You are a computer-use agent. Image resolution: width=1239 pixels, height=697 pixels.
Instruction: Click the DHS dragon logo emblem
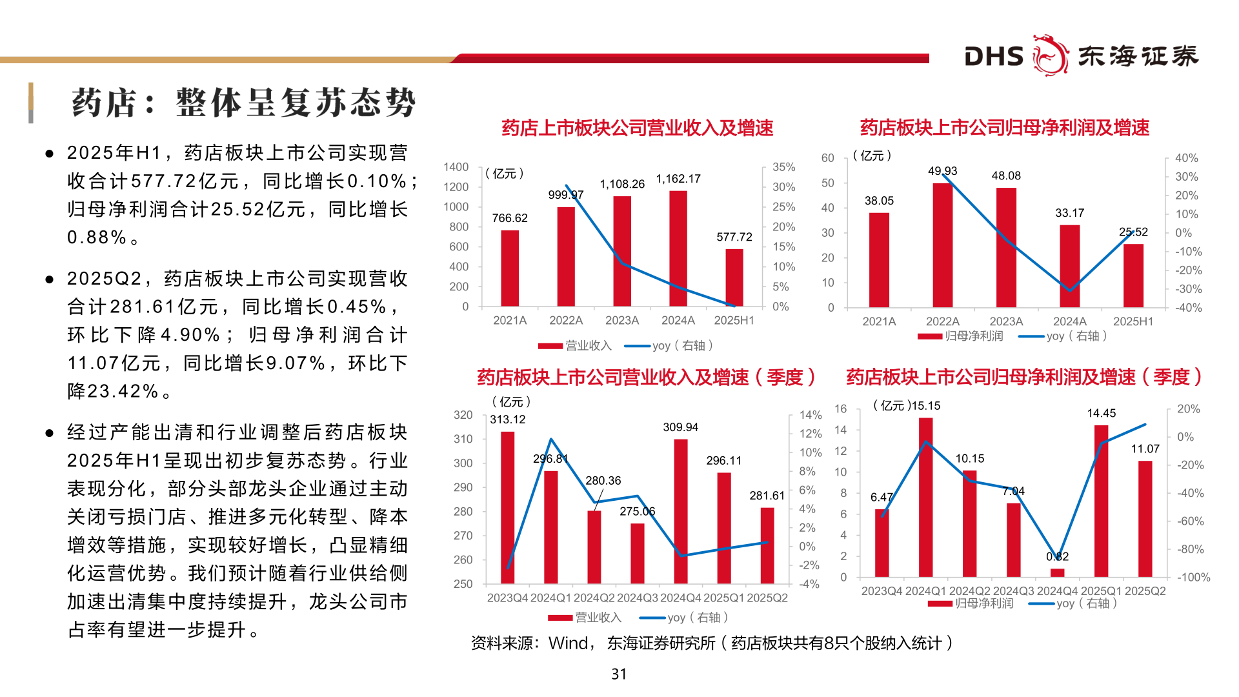tap(1050, 56)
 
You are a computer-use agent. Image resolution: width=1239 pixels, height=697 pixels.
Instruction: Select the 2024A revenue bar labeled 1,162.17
tap(678, 248)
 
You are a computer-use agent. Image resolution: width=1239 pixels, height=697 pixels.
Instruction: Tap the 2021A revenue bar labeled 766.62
tap(509, 268)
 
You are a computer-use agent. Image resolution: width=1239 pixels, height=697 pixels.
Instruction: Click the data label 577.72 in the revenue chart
tap(734, 237)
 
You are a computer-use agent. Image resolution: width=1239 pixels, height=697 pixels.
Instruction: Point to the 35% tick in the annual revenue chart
tap(783, 167)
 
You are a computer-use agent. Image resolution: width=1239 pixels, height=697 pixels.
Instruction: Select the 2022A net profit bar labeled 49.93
tap(942, 245)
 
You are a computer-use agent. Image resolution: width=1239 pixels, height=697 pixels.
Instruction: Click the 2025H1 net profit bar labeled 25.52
tap(1133, 276)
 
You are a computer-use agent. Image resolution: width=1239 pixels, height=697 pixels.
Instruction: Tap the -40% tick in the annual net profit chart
tap(1188, 308)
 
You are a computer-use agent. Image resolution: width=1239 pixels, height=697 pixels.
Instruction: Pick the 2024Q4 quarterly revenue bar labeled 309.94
tap(680, 511)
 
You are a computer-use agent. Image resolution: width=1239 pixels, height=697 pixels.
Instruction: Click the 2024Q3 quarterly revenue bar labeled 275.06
tap(637, 553)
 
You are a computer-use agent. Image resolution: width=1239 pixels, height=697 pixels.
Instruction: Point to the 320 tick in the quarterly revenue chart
tap(463, 415)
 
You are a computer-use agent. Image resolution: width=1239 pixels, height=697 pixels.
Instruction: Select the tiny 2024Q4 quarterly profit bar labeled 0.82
tap(1057, 572)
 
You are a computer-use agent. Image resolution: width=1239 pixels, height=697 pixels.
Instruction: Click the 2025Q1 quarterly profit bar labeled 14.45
tap(1101, 501)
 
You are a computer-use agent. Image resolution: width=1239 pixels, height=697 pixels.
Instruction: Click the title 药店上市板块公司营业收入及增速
tap(637, 128)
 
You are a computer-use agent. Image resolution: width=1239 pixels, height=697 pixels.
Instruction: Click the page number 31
tap(619, 674)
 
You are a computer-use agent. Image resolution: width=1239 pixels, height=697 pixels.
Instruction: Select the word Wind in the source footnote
tap(568, 643)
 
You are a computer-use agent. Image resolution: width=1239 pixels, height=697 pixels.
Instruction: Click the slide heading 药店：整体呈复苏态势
tap(243, 103)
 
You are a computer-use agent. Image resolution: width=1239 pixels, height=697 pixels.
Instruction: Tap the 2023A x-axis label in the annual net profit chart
tap(1005, 321)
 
